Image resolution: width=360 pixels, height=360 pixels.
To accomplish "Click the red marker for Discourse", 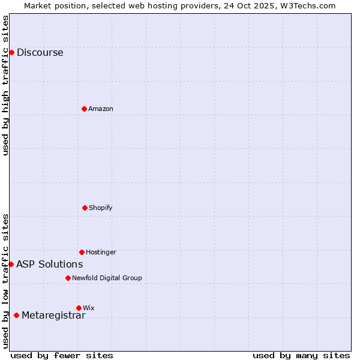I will coord(11,52).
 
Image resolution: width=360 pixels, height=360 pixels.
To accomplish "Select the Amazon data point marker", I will coord(84,109).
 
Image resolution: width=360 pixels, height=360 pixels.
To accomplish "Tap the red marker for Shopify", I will coord(85,208).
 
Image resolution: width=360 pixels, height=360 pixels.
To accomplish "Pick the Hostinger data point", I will coord(82,252).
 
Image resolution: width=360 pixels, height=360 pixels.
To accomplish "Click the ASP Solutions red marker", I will coord(11,264).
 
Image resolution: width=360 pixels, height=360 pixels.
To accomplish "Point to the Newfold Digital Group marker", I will coord(68,278).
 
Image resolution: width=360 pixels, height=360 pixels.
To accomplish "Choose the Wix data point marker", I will coord(79,308).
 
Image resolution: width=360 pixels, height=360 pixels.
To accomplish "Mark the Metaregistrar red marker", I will coord(16,316).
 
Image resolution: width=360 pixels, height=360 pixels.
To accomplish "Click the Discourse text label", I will coord(40,52).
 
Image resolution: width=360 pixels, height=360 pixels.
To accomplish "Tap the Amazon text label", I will coord(101,109).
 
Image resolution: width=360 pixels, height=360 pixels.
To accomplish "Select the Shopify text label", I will coord(101,208).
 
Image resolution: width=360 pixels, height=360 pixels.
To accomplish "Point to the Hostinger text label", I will coord(101,252).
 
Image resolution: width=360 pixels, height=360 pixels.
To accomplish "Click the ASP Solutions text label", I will coord(49,264).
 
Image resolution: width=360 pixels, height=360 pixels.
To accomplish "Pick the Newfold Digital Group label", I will coord(107,278).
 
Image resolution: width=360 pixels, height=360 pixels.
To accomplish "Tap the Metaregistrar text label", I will coord(53,316).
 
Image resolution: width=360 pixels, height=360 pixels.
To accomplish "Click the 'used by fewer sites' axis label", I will coord(62,356).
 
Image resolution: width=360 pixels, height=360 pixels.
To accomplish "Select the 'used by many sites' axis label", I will coord(301,356).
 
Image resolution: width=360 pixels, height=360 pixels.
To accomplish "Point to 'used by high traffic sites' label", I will coord(5,85).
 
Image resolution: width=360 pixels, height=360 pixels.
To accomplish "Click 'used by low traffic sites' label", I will coord(5,281).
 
